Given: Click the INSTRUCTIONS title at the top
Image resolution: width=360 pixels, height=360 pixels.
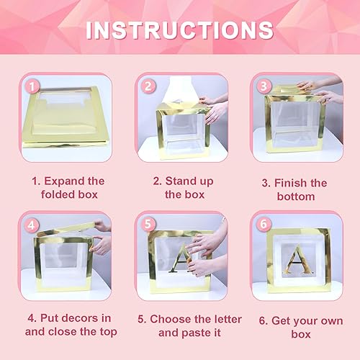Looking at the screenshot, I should (180, 31).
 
